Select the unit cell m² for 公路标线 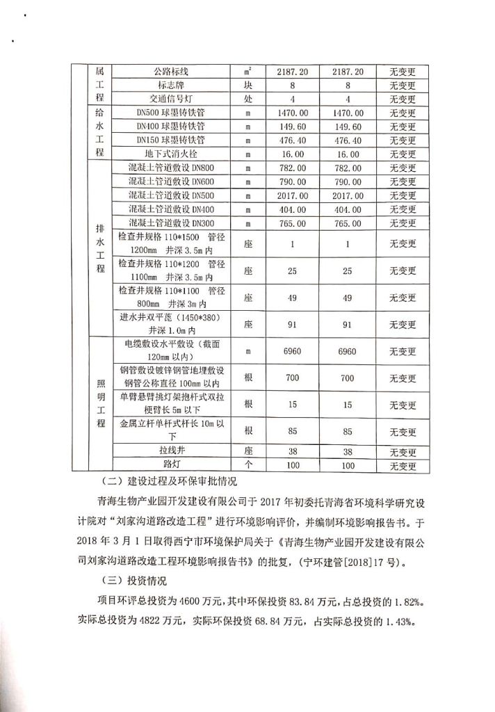point(248,72)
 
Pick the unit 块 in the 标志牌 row point(248,86)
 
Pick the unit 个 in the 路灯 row point(248,465)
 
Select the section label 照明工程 point(99,402)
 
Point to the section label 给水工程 point(99,132)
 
